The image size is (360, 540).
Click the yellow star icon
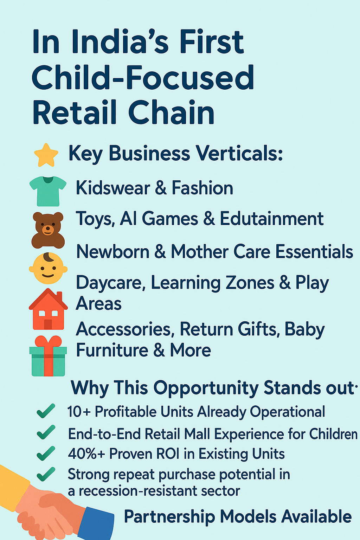pos(46,155)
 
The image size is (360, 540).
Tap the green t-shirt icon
pos(48,191)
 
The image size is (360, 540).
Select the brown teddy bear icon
pos(48,230)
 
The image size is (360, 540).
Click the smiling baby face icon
pos(48,268)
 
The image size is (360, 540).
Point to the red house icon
pos(48,309)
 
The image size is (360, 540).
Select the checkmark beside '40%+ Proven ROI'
pos(46,453)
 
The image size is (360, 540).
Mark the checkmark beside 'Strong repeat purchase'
pos(46,474)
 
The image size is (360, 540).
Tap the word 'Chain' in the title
pos(171,112)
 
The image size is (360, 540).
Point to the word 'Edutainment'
pos(272,219)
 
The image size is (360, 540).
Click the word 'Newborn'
pos(112,251)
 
